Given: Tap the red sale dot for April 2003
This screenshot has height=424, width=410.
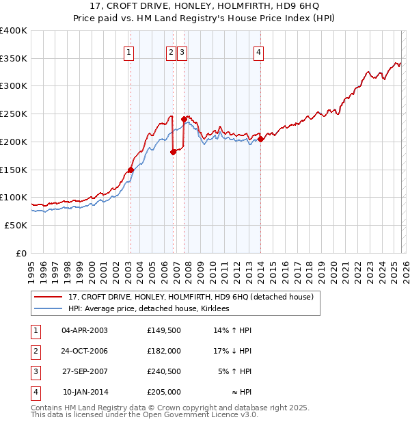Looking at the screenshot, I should coord(130,170).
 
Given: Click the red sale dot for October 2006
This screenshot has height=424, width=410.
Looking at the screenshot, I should coord(173,153).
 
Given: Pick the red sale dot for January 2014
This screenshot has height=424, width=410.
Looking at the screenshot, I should coord(260,140).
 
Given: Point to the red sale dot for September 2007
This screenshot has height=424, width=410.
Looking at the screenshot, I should coord(184,120).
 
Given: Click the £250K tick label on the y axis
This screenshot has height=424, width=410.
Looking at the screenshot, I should coord(13,114).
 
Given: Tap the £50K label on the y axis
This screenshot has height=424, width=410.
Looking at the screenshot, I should coord(15,225).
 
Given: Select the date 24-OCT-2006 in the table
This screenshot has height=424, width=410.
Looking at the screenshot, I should coord(85,351).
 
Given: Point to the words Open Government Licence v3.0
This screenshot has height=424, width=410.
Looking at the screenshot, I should coord(198,414).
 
